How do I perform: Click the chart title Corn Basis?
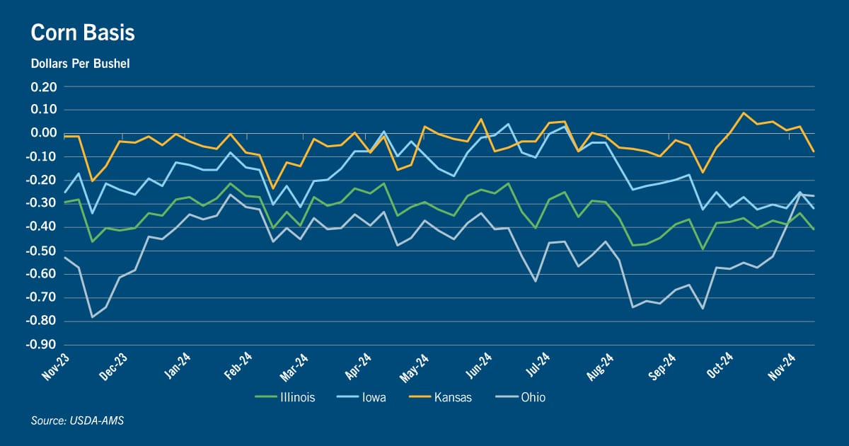click(83, 33)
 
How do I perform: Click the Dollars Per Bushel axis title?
click(81, 63)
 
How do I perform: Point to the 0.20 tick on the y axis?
click(44, 87)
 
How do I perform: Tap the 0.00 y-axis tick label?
click(44, 133)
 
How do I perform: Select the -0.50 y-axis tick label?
click(41, 251)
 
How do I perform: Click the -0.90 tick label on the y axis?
click(41, 345)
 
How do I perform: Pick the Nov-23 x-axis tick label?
click(56, 367)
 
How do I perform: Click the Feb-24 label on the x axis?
click(238, 366)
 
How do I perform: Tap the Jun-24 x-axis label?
click(478, 366)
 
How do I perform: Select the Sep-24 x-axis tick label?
click(662, 367)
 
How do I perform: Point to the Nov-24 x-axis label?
click(782, 367)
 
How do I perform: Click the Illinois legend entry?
click(285, 397)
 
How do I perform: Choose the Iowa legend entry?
click(362, 397)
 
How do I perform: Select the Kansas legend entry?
click(440, 397)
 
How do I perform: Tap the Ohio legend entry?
click(521, 397)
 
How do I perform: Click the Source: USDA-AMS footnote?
click(77, 421)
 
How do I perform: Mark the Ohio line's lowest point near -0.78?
click(92, 317)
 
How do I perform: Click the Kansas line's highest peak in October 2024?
click(744, 113)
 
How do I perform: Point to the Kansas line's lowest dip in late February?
click(272, 188)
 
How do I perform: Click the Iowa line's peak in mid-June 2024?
click(508, 124)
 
